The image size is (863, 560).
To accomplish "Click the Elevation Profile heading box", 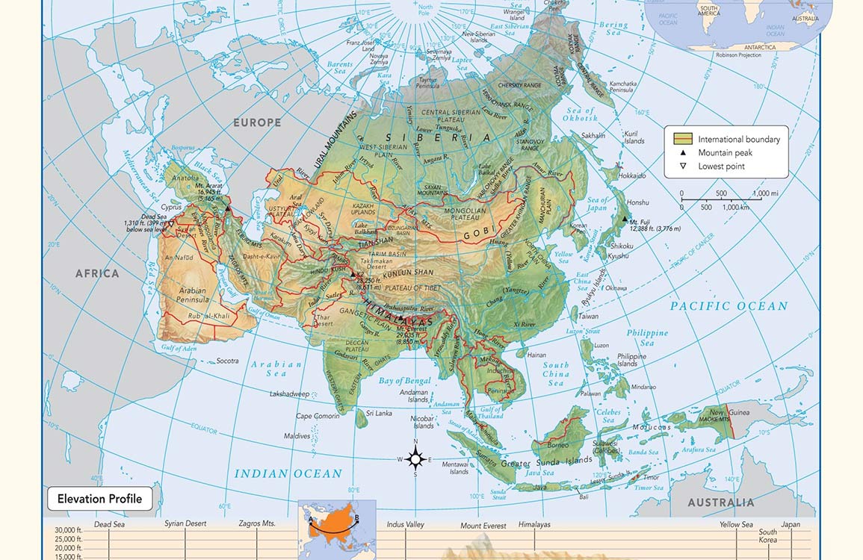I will pos(99,499).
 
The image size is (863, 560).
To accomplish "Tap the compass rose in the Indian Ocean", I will pos(416,458).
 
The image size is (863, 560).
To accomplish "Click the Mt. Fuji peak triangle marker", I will pos(625,219).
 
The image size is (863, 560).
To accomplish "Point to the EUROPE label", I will pos(256,122).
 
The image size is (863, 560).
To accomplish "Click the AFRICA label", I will pos(97,273).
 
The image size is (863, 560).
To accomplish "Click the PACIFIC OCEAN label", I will pos(729,306).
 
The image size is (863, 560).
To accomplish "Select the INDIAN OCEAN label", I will pos(288,473).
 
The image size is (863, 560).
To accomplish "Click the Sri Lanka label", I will pos(379,413).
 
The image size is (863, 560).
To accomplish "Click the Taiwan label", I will pos(589,317).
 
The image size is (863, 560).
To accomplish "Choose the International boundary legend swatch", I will pos(683,139).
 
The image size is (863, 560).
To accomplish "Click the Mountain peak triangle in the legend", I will pos(683,153).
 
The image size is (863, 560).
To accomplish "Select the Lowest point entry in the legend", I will pos(721,167).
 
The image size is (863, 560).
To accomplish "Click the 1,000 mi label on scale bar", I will pos(766,193).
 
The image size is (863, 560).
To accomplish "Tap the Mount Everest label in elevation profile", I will pos(483,526).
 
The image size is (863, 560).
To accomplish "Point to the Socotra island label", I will pos(227,361).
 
